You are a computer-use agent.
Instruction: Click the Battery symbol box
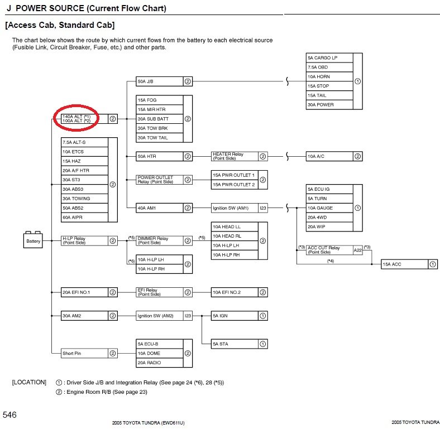33,240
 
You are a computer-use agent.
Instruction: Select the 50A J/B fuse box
164,81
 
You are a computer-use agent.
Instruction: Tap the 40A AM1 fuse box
164,208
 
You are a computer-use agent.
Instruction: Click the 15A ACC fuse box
409,264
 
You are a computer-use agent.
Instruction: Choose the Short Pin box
89,353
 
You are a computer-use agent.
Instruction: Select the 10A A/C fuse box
334,156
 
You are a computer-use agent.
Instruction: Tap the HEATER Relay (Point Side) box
240,156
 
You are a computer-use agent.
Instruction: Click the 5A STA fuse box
240,344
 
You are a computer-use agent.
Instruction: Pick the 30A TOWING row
84,199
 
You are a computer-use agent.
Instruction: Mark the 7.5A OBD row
329,67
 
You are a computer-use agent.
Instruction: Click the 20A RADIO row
159,363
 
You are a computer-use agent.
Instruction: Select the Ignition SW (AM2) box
164,316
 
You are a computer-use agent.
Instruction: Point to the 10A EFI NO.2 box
240,292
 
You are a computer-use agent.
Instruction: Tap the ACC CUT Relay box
334,250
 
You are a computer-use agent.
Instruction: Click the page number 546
9,414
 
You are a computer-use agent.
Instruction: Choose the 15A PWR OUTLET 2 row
235,185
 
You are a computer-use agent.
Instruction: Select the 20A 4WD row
329,217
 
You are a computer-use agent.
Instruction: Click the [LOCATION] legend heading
29,382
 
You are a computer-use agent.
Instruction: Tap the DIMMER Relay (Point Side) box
164,240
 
